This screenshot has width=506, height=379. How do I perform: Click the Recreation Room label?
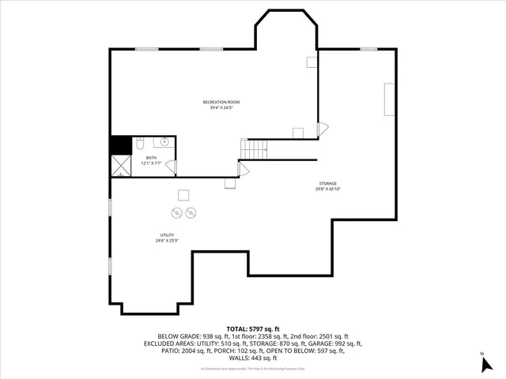pyautogui.click(x=221, y=102)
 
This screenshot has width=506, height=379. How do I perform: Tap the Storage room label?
pyautogui.click(x=328, y=183)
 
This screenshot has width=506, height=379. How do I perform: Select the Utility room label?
pyautogui.click(x=167, y=235)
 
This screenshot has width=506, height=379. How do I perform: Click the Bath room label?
pyautogui.click(x=151, y=158)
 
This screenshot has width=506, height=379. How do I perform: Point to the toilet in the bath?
pyautogui.click(x=139, y=144)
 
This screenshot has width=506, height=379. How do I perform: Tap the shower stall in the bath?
pyautogui.click(x=121, y=166)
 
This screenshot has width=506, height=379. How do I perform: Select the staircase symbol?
pyautogui.click(x=254, y=148)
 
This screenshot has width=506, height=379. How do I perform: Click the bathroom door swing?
pyautogui.click(x=171, y=167)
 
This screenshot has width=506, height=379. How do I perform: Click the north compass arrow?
pyautogui.click(x=481, y=365)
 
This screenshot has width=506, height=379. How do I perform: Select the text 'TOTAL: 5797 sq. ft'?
pyautogui.click(x=252, y=328)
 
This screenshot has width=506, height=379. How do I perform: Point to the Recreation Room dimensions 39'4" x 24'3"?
pyautogui.click(x=221, y=107)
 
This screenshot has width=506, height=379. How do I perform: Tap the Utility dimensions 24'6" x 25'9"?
pyautogui.click(x=167, y=240)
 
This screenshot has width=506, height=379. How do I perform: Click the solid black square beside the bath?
pyautogui.click(x=120, y=145)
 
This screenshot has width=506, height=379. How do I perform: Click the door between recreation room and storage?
pyautogui.click(x=320, y=129)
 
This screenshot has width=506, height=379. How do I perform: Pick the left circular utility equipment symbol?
pyautogui.click(x=176, y=212)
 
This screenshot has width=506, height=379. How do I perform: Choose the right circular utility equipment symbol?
pyautogui.click(x=191, y=212)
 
